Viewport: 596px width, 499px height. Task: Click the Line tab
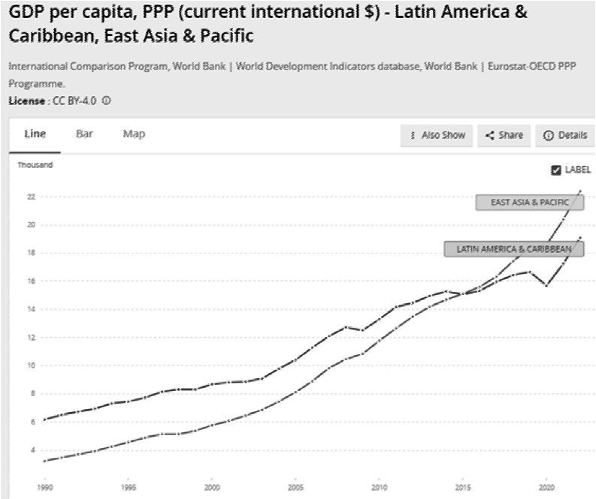(35, 134)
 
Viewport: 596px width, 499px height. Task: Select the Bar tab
(84, 134)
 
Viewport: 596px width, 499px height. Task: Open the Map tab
(134, 134)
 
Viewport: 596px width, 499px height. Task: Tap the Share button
(504, 136)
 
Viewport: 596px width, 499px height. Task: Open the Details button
(564, 136)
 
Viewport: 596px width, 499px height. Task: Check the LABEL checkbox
(556, 170)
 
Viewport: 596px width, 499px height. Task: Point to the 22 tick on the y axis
(32, 197)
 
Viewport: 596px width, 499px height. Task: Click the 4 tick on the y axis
(33, 450)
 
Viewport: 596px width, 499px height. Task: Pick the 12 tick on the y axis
(32, 338)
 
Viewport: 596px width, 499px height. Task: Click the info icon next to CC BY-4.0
(107, 101)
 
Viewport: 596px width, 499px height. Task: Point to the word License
(26, 101)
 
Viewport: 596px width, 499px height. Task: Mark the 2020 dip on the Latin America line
(547, 285)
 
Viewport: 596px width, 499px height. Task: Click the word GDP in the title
(26, 14)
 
